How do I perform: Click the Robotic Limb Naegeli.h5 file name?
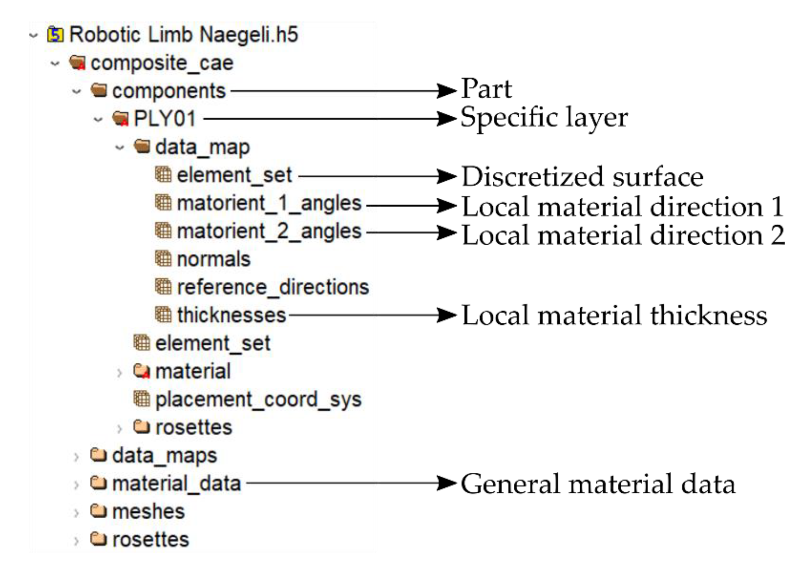184,35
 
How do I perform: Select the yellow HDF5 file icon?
55,34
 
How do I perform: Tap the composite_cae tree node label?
162,63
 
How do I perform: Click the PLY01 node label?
165,119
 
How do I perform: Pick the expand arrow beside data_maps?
76,457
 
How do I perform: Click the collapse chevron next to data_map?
120,148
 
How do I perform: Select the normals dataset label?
213,259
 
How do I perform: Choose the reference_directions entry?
273,287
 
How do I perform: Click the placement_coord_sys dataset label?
258,399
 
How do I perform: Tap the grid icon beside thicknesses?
163,315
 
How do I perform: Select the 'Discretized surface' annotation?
582,177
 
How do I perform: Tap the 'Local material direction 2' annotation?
623,235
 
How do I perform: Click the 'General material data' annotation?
598,484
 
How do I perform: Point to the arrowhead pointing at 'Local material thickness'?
446,315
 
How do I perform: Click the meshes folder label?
148,512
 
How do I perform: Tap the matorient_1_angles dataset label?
269,204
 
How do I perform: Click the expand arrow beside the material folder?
119,373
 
